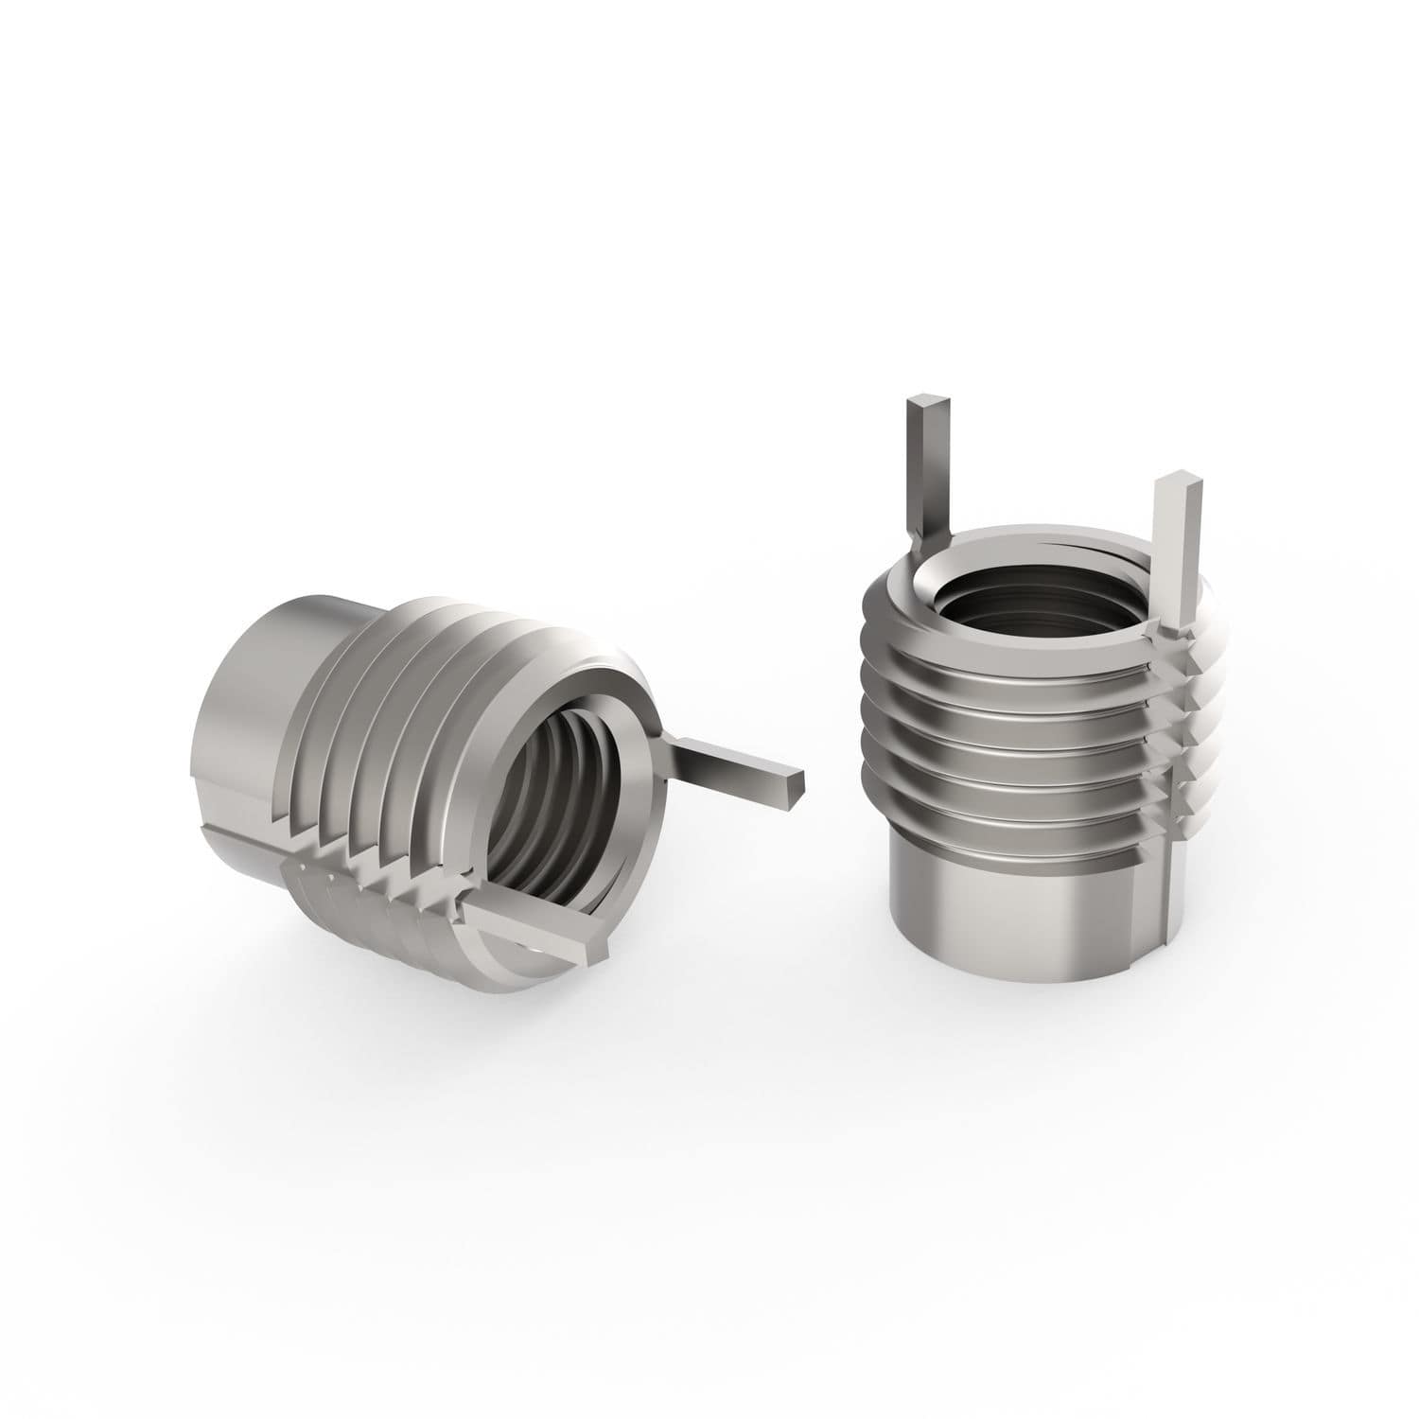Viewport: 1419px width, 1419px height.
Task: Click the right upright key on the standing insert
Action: (x=1169, y=549)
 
